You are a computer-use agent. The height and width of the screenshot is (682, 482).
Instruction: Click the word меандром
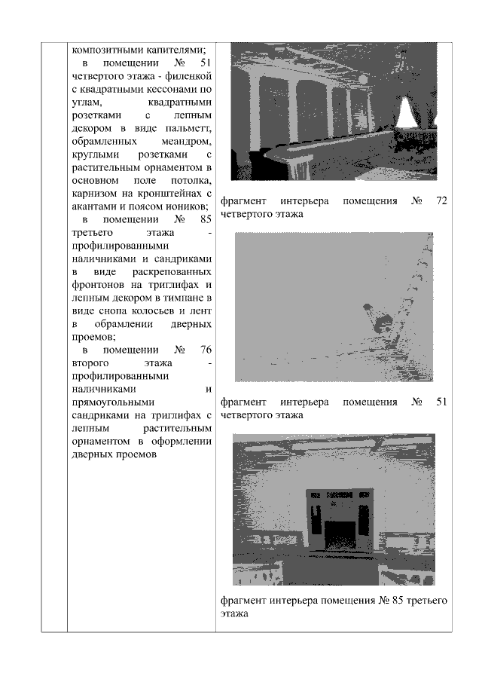(x=186, y=141)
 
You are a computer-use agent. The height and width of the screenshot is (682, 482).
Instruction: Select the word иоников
(x=186, y=206)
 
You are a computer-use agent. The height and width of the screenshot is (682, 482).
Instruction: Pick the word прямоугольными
(x=111, y=402)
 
